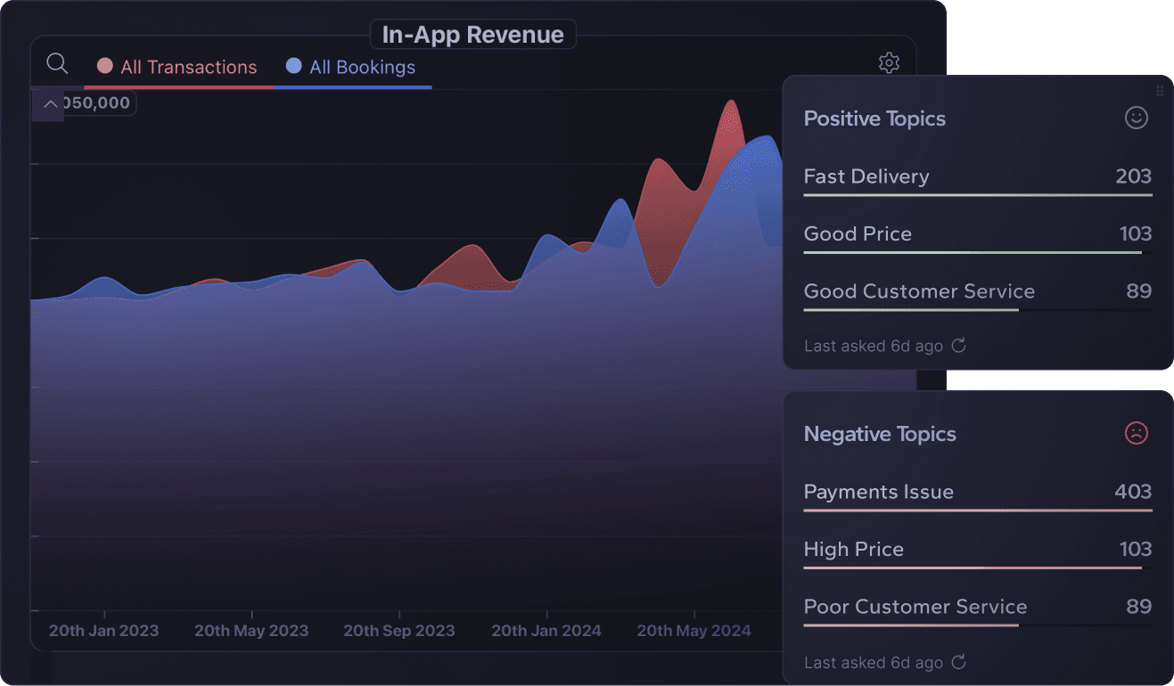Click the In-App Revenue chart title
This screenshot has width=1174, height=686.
(x=472, y=35)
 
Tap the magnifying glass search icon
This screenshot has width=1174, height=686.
(x=57, y=63)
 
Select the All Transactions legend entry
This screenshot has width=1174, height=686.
(x=177, y=67)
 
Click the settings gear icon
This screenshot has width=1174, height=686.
(x=889, y=62)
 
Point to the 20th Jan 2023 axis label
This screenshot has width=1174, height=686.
(x=103, y=631)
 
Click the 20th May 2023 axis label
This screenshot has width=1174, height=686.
(x=251, y=631)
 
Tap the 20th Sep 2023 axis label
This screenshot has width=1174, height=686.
(x=398, y=631)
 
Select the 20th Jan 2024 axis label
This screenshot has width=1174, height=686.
(x=546, y=631)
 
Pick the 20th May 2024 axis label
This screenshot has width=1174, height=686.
(x=694, y=631)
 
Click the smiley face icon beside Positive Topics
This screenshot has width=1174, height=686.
(x=1136, y=118)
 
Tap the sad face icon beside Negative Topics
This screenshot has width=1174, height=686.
(x=1136, y=433)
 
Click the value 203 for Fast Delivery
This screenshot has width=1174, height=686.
(x=1133, y=176)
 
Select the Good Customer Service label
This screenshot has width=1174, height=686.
(x=919, y=291)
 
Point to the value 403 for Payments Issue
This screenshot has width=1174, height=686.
(x=1133, y=492)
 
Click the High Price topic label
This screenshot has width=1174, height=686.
(x=853, y=549)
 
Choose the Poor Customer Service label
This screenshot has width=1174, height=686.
(x=915, y=607)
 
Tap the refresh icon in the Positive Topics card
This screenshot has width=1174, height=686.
(x=959, y=346)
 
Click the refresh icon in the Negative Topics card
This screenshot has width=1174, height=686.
(x=959, y=662)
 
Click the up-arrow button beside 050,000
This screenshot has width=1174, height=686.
(x=51, y=104)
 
